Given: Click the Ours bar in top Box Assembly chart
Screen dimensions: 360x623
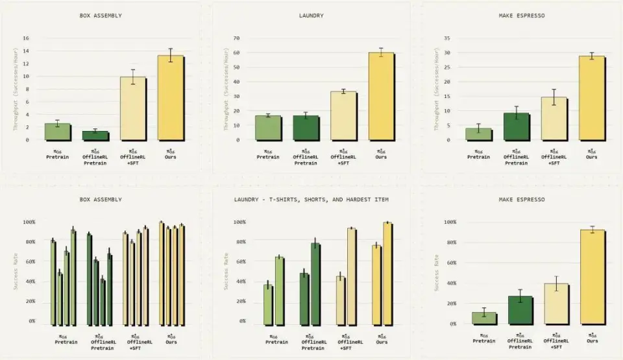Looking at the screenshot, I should [170, 97].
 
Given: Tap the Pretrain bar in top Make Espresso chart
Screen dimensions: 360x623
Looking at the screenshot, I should [478, 134].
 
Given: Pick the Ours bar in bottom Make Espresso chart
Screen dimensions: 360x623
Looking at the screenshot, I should [592, 276].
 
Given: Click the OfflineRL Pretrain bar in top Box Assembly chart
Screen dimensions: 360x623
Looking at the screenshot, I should [95, 136].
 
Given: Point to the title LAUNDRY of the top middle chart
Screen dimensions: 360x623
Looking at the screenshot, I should [311, 16].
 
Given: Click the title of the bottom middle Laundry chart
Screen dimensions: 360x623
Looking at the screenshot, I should [311, 199].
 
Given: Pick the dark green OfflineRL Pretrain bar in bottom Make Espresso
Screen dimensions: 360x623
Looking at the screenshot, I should [520, 309].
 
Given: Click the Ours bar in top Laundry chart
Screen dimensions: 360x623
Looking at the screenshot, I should [381, 96].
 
